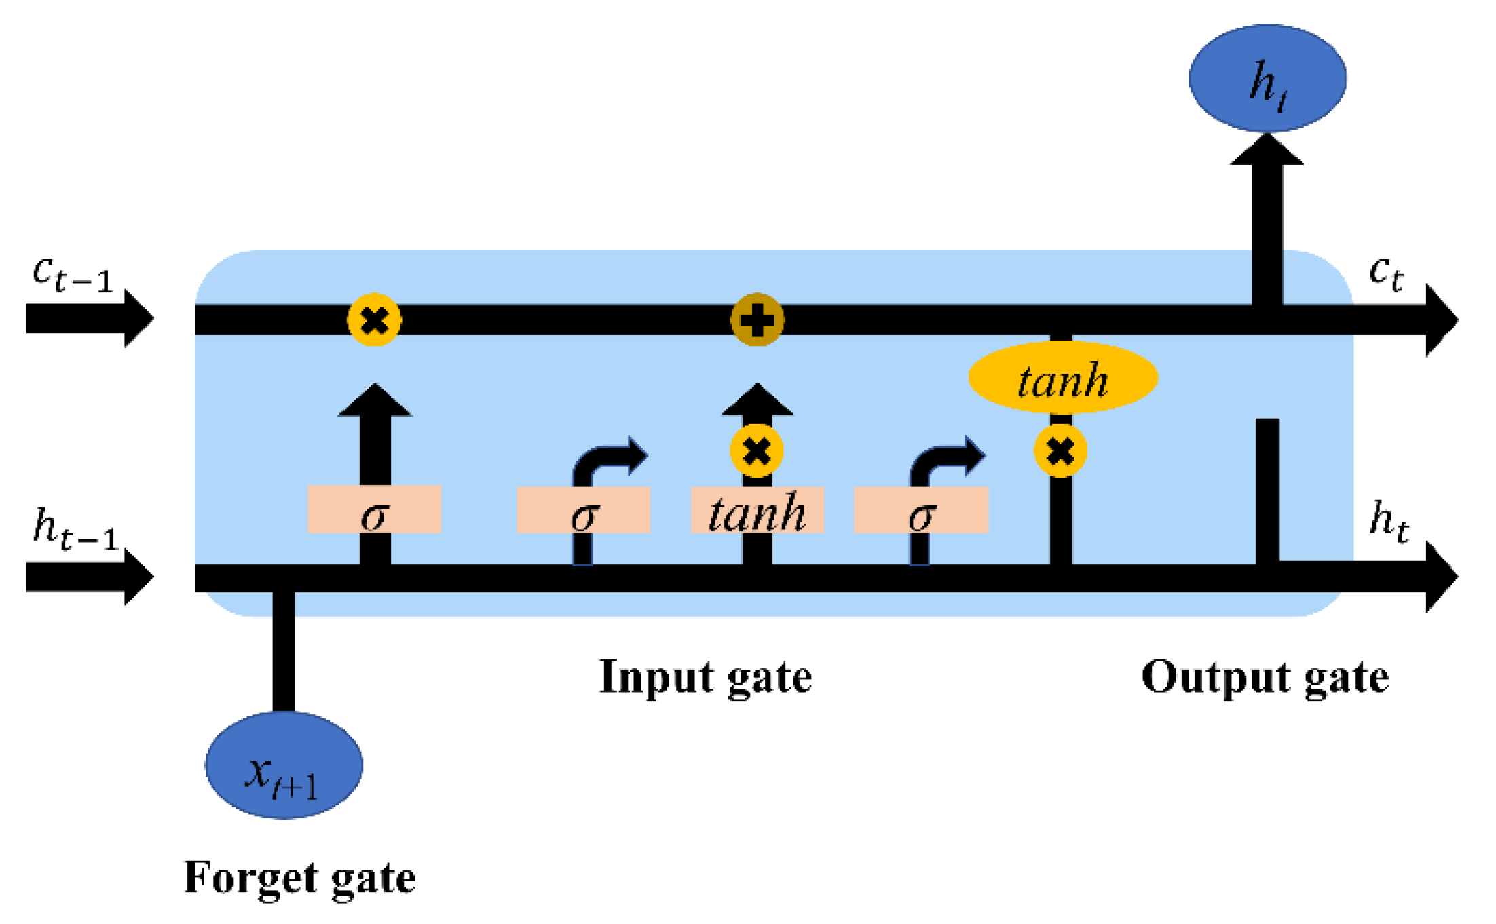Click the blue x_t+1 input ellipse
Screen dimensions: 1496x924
pos(284,765)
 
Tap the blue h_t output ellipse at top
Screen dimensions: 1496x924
pos(1267,78)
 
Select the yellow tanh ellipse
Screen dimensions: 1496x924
pos(1063,377)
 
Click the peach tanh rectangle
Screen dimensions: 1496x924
pos(758,509)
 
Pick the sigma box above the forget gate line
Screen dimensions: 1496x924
pos(374,509)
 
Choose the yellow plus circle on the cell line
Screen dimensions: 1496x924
pos(758,320)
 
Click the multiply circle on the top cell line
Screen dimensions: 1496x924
pos(374,320)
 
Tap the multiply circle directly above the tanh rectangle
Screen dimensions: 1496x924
pos(757,450)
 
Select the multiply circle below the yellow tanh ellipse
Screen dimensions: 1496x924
pos(1061,450)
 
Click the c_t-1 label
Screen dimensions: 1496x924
pos(73,273)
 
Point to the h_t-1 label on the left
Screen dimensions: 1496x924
pos(76,528)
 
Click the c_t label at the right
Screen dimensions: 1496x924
pos(1386,273)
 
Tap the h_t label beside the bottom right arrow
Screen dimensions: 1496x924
pos(1389,521)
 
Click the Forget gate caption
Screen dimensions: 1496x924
pos(300,879)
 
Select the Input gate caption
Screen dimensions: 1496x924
pos(705,678)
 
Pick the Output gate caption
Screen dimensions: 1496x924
pos(1265,678)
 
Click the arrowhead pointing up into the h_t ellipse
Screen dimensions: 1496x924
pos(1267,149)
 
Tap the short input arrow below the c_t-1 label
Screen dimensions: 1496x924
pos(90,319)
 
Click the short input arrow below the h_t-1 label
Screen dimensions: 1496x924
pos(90,577)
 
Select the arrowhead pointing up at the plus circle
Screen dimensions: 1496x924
pos(758,400)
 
